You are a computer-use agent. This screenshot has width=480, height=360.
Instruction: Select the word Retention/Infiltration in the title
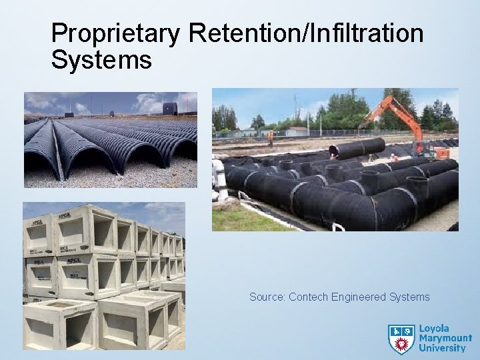306,33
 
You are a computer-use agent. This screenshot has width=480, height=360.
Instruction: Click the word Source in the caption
267,297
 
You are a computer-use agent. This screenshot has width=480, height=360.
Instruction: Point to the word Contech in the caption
309,297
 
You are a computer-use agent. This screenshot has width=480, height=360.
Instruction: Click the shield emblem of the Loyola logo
401,339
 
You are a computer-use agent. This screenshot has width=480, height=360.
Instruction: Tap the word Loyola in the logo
435,329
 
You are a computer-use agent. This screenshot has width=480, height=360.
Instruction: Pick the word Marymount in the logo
445,339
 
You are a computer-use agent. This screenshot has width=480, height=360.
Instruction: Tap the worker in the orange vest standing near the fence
271,137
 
